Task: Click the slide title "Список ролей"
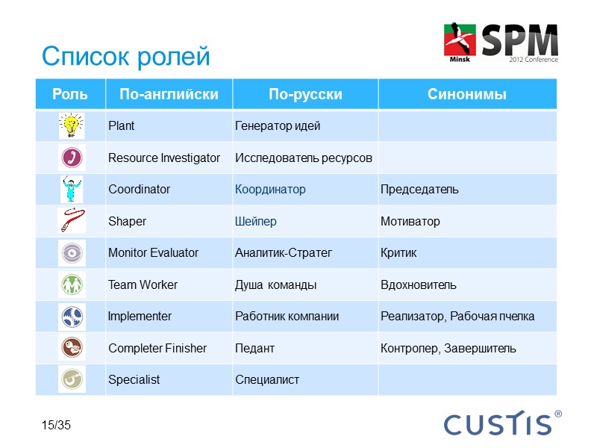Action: tap(126, 56)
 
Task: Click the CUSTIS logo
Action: tap(501, 423)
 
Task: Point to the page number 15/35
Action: tap(56, 426)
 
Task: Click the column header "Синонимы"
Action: tap(466, 95)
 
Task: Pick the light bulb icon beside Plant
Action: tap(71, 125)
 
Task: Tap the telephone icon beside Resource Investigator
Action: tap(71, 158)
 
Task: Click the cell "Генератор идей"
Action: tap(278, 126)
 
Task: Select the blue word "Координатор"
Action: tap(270, 190)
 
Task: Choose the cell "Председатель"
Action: tap(419, 190)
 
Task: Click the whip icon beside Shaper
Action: tap(71, 221)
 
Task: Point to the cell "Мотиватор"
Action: tap(410, 222)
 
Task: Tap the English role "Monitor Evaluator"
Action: tap(153, 253)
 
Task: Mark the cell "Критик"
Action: tap(398, 253)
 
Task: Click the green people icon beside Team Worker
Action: tap(71, 284)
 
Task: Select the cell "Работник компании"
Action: tap(287, 317)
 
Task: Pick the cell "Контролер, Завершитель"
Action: tap(448, 349)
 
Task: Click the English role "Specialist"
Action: tap(134, 380)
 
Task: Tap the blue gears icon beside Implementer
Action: tap(71, 317)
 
